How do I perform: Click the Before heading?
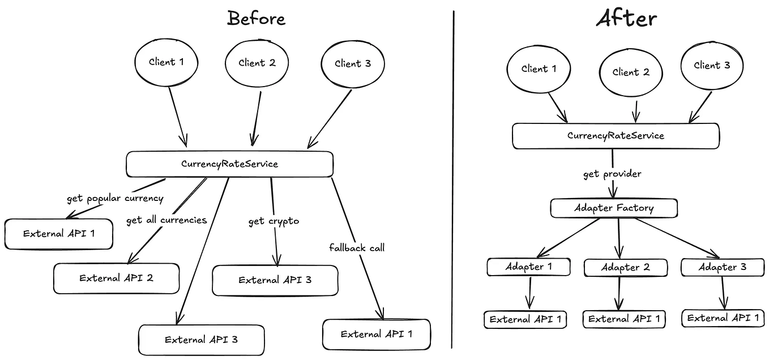point(256,18)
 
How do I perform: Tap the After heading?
point(626,18)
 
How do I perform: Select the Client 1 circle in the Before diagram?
point(166,62)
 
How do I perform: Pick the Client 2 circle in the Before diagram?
point(257,63)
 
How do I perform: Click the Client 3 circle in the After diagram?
point(712,66)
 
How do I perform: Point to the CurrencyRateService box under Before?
point(229,164)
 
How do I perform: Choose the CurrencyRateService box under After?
point(616,136)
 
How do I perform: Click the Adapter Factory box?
point(614,208)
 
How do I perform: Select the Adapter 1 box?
point(528,267)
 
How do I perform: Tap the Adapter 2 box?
point(625,267)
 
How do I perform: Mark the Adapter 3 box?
point(722,267)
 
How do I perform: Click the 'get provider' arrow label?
point(612,174)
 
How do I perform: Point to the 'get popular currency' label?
point(115,199)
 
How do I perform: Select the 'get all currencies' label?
point(166,220)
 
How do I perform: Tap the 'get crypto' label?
point(274,221)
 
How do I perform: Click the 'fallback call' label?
point(357,247)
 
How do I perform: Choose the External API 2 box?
point(116,278)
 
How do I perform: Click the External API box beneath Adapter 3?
point(723,318)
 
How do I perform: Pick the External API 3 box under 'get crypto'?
point(275,280)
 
